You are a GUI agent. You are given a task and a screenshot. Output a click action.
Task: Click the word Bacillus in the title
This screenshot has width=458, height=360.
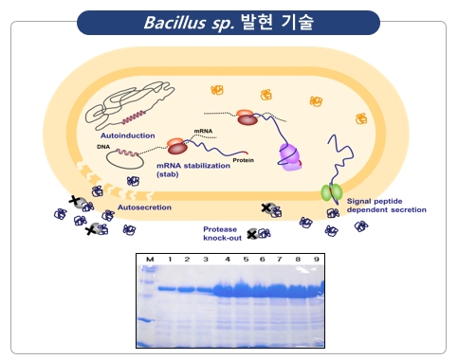pyautogui.click(x=175, y=23)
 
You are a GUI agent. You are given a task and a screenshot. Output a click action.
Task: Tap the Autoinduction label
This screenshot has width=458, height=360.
pyautogui.click(x=128, y=135)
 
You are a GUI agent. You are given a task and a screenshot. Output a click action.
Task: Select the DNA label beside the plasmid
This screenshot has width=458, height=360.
pyautogui.click(x=103, y=147)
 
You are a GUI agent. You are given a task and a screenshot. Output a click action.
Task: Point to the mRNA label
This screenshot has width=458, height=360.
pyautogui.click(x=203, y=131)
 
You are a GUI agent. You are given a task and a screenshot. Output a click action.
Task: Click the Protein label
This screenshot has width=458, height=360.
pyautogui.click(x=244, y=160)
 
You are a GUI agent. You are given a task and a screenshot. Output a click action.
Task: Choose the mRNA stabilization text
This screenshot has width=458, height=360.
pyautogui.click(x=193, y=166)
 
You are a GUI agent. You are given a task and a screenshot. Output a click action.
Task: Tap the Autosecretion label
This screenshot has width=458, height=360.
pyautogui.click(x=144, y=207)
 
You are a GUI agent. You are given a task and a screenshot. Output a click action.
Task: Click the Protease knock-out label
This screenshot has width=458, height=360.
pyautogui.click(x=223, y=234)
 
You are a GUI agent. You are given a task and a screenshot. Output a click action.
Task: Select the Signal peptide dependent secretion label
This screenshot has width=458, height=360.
pyautogui.click(x=387, y=206)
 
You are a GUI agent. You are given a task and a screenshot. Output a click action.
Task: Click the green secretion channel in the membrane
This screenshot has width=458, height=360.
pyautogui.click(x=332, y=192)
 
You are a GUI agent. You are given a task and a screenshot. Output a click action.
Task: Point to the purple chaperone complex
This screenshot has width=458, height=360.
pyautogui.click(x=290, y=157)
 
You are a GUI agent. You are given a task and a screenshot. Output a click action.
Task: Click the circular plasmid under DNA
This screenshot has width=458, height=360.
pyautogui.click(x=124, y=159)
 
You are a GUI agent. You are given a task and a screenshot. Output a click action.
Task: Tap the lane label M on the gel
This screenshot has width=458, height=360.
pyautogui.click(x=150, y=260)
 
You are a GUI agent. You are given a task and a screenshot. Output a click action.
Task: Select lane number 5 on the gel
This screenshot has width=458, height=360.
pyautogui.click(x=246, y=260)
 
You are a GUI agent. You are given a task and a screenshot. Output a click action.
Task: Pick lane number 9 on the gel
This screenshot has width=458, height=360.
pyautogui.click(x=317, y=260)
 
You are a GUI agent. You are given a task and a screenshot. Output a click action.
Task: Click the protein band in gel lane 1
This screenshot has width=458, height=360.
pyautogui.click(x=167, y=289)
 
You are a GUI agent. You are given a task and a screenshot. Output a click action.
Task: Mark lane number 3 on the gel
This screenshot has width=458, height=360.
pyautogui.click(x=206, y=260)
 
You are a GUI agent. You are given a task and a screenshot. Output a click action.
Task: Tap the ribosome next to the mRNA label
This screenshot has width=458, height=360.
pyautogui.click(x=177, y=146)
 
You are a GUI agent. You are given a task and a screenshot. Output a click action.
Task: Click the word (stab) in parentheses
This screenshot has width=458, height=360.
pyautogui.click(x=168, y=174)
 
